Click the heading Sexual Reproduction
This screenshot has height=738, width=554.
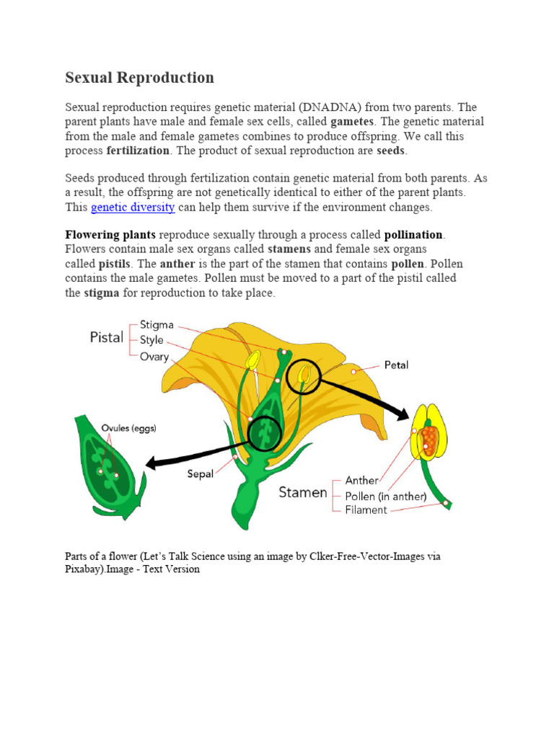[140, 78]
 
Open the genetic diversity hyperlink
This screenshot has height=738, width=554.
[133, 208]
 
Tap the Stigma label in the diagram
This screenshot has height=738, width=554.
[157, 325]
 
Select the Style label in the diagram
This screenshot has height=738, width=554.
[151, 340]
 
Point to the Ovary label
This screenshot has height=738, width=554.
[154, 356]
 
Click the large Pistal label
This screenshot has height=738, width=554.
[106, 337]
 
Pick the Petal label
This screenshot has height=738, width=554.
[396, 365]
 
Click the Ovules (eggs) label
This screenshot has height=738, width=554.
[128, 428]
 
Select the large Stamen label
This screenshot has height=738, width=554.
[303, 494]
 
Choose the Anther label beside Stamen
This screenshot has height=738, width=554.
[361, 480]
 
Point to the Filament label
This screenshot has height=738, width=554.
[366, 510]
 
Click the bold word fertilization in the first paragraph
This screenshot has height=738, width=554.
[138, 151]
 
